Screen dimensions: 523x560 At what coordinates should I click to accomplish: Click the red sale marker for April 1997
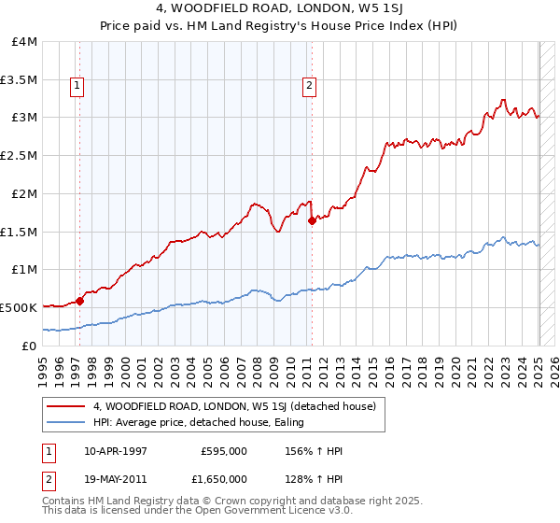pos(80,301)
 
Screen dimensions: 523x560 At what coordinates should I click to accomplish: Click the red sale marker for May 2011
pos(312,220)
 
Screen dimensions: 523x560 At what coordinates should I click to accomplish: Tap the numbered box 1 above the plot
pos(76,87)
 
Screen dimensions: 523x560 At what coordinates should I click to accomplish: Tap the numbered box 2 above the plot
pos(308,87)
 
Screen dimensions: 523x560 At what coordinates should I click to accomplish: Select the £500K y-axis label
pos(19,307)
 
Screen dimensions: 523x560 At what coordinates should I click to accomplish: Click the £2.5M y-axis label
pos(19,156)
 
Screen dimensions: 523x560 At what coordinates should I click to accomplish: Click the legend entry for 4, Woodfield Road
pos(234,406)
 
